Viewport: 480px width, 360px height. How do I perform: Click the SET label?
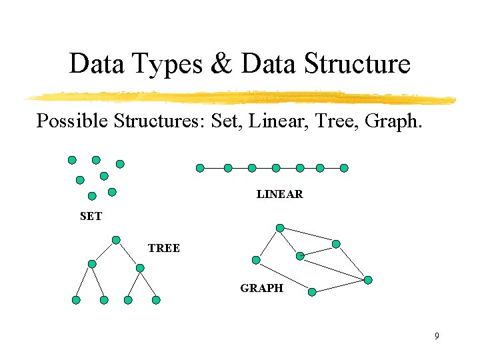[91, 216]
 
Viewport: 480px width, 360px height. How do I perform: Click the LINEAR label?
[280, 195]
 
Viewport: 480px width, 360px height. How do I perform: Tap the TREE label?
[164, 248]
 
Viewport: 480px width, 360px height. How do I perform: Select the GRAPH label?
[262, 288]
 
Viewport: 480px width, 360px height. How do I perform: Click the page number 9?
[437, 336]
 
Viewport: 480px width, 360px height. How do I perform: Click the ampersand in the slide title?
[219, 64]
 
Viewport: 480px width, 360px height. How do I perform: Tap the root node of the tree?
[116, 240]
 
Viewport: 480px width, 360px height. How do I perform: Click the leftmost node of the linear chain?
[200, 168]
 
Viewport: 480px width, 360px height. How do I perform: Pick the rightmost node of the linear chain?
[344, 168]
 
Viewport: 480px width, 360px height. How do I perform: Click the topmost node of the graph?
[280, 228]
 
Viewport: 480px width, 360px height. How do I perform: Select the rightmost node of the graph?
[368, 280]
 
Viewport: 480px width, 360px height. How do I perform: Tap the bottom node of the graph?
[312, 291]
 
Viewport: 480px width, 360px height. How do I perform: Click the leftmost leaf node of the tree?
[76, 300]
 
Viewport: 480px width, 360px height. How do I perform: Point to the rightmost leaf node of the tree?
[156, 300]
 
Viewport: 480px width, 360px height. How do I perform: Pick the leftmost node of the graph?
[257, 260]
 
